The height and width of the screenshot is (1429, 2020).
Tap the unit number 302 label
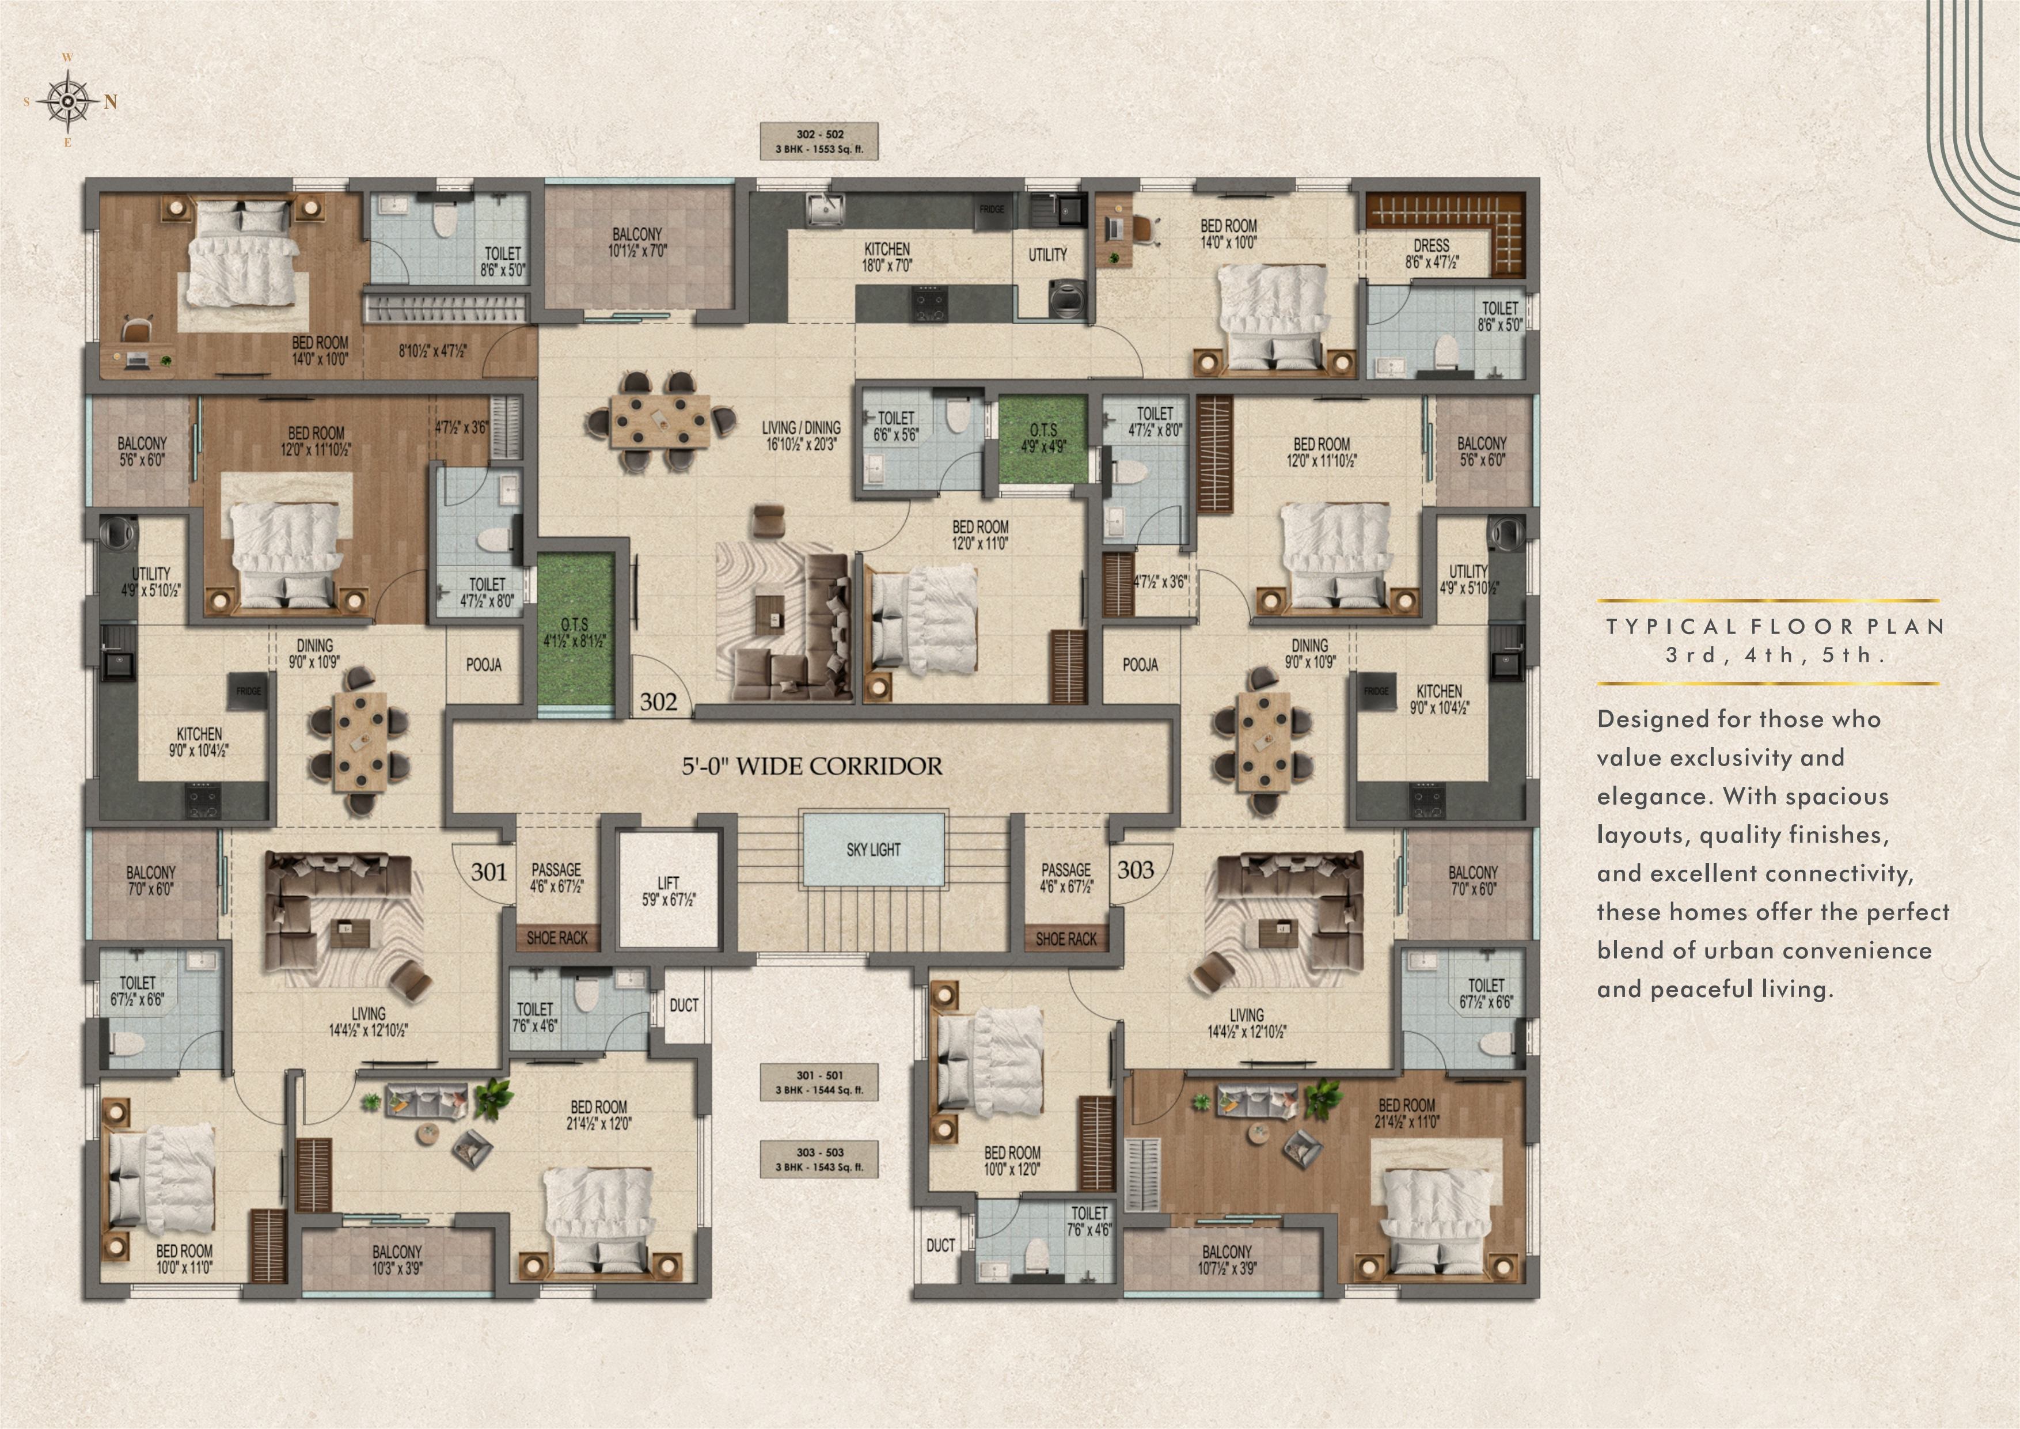tap(659, 702)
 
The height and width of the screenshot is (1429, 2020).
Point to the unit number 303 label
tap(1135, 869)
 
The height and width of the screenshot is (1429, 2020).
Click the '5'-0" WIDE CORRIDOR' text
tap(812, 765)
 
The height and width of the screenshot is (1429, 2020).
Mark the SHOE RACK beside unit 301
tap(557, 938)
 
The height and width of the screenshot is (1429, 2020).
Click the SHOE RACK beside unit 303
tap(1066, 939)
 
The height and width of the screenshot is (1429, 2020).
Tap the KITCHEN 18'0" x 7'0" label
tap(887, 257)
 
